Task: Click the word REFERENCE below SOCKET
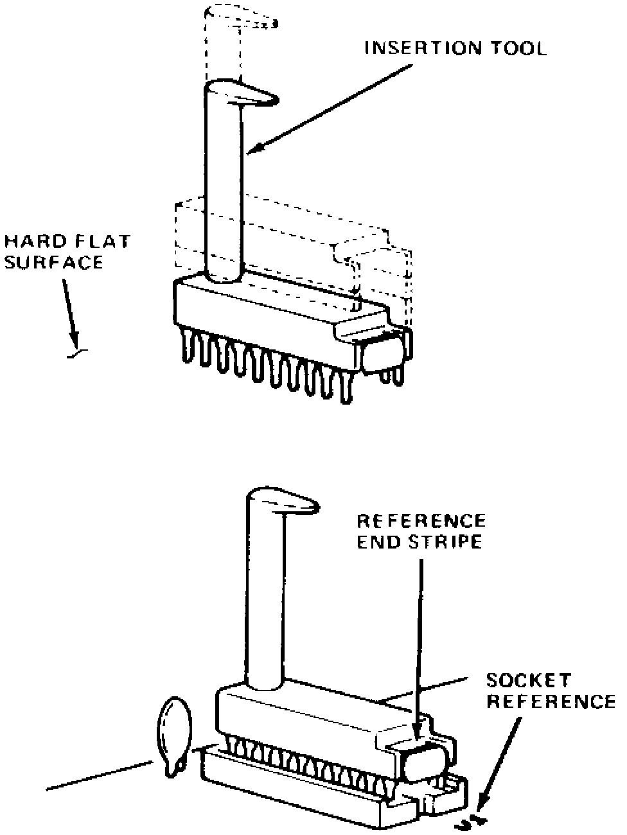tap(551, 701)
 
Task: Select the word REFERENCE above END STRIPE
tap(421, 520)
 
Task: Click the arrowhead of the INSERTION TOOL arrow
tap(251, 150)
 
